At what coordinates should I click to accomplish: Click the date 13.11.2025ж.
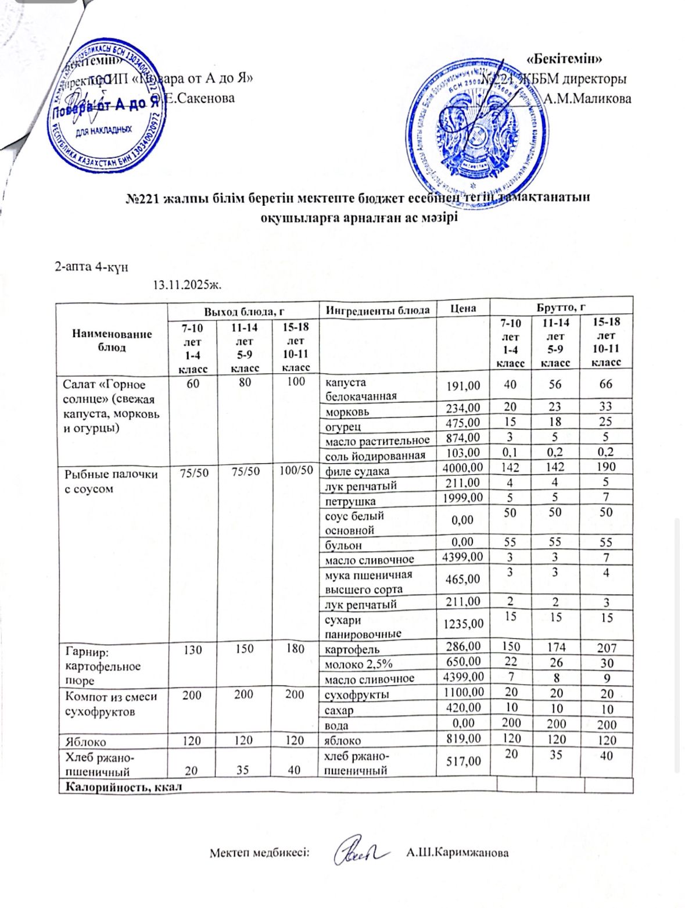tap(188, 285)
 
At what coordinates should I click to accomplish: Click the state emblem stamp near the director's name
tap(479, 127)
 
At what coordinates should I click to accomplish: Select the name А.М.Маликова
tap(587, 98)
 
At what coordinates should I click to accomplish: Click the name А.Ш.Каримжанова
tap(457, 853)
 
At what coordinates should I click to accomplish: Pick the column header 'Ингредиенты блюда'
tap(378, 310)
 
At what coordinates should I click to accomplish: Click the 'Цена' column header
tap(463, 309)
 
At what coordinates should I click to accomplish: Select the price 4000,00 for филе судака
tap(462, 467)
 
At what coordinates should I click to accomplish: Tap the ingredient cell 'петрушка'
tap(350, 501)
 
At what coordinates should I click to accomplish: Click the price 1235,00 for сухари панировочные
tap(462, 624)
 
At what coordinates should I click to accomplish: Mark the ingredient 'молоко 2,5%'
tap(358, 663)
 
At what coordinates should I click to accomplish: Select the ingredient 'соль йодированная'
tap(375, 455)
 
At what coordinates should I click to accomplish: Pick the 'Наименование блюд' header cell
tap(112, 340)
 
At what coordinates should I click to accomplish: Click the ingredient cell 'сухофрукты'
tap(357, 695)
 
